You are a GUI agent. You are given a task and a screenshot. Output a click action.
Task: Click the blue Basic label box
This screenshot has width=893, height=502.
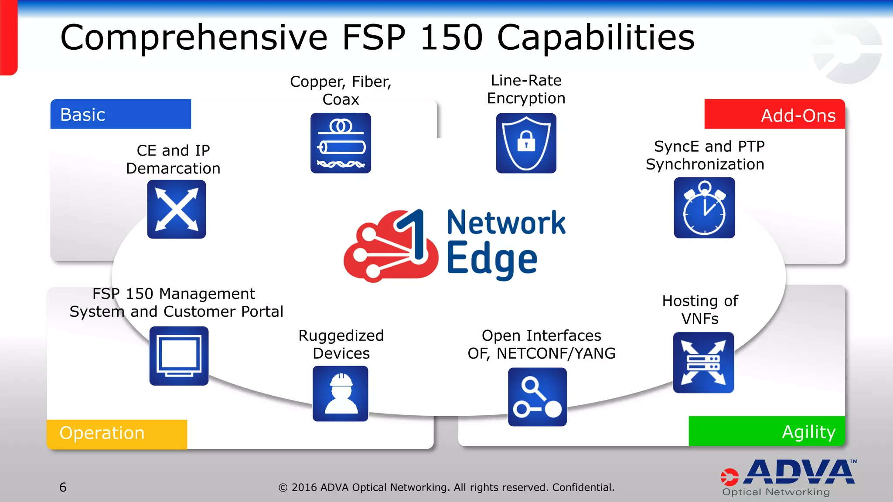pos(120,114)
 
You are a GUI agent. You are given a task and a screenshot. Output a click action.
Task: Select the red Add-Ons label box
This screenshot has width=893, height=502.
pos(774,115)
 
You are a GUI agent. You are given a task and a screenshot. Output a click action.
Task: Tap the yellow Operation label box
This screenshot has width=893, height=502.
pos(117,434)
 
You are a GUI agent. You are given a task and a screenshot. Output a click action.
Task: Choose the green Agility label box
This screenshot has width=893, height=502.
pos(767,431)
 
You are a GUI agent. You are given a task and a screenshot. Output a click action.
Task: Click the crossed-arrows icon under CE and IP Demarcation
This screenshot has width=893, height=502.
pos(177,209)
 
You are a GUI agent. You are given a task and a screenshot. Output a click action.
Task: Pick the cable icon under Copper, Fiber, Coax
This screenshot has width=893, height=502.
pos(341,143)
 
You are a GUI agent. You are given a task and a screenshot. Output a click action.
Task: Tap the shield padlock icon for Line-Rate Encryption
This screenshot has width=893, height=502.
pos(526,143)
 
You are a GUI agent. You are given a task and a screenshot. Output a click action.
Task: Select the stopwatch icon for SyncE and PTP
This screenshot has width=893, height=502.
pos(704,208)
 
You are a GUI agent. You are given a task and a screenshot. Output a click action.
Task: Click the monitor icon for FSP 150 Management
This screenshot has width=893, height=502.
pos(179,356)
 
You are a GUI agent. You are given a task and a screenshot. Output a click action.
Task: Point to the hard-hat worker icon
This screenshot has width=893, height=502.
pos(340,393)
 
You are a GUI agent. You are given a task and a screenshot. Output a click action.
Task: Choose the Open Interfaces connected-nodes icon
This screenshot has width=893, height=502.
pos(537,397)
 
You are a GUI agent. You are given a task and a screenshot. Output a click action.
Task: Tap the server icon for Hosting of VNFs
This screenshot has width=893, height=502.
pos(703,363)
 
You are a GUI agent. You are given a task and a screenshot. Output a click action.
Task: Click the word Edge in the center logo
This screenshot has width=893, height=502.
pos(492,260)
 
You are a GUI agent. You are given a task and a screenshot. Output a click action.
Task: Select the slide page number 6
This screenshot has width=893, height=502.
pos(63,487)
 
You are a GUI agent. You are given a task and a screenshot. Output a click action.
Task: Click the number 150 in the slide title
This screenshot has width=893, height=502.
pos(451,37)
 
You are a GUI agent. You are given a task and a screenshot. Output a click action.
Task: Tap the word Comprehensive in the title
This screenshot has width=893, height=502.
pos(194,38)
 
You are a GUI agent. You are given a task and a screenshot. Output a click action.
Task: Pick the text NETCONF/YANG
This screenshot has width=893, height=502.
pos(556,353)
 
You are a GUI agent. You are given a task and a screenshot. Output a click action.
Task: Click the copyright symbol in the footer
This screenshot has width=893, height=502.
pos(283,488)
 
